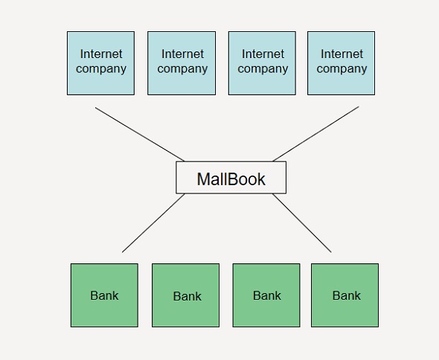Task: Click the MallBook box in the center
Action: pos(231,178)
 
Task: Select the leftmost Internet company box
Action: pos(100,63)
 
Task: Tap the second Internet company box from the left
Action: pos(182,63)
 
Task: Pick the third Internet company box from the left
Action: pos(262,63)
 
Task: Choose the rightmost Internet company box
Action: pos(341,63)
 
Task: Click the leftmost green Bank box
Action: pos(104,295)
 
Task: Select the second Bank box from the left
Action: pos(185,295)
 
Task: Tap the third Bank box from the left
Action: pos(266,295)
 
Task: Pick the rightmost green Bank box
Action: pos(345,295)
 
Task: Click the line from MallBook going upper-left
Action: pos(140,135)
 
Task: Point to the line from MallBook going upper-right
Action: pos(315,134)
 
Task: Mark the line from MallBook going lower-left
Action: pos(153,223)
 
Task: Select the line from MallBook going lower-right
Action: pos(302,223)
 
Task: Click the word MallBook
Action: pos(231,179)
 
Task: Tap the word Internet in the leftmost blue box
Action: pos(101,54)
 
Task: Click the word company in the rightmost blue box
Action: pos(342,69)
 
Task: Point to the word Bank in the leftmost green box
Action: pos(104,295)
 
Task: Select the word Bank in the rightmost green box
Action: pos(346,295)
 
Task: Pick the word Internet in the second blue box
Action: pos(182,54)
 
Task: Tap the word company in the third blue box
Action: pos(263,69)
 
